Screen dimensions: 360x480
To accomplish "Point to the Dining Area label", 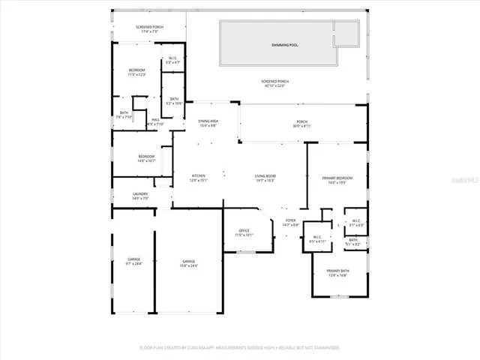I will [x=208, y=123].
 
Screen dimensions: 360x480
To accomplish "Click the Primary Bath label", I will [x=337, y=272].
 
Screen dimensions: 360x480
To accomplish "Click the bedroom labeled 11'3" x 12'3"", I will [x=136, y=72].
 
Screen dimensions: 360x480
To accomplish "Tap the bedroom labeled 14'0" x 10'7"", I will [x=145, y=158].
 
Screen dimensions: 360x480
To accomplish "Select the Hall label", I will [x=156, y=121].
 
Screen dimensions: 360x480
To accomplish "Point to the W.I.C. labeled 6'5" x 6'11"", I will [x=318, y=239].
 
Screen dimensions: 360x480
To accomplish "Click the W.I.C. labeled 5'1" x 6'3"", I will [x=356, y=223].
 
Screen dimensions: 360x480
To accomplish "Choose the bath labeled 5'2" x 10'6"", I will [x=174, y=100].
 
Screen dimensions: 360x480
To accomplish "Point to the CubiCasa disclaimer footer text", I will [x=240, y=347].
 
